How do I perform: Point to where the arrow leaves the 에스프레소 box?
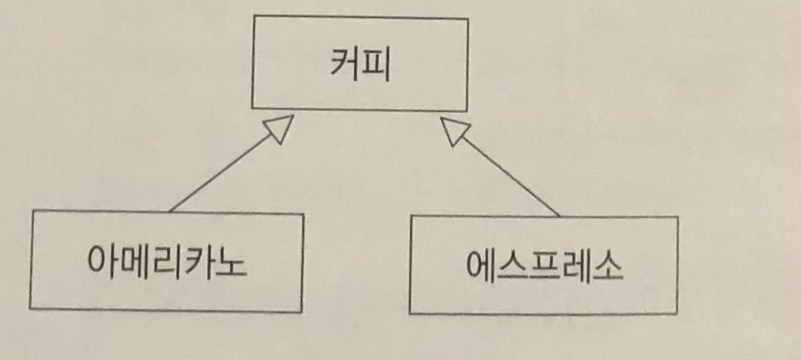point(560,215)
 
